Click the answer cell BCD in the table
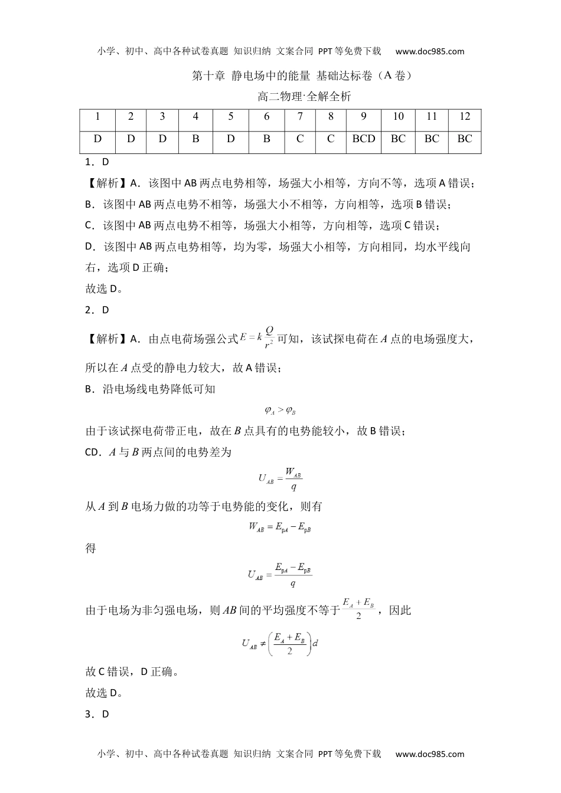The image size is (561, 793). pyautogui.click(x=364, y=139)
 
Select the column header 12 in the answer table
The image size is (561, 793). pyautogui.click(x=465, y=116)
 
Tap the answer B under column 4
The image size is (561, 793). pyautogui.click(x=195, y=139)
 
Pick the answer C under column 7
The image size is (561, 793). pyautogui.click(x=300, y=139)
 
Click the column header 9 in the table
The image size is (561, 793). pyautogui.click(x=364, y=116)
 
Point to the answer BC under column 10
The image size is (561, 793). pyautogui.click(x=398, y=139)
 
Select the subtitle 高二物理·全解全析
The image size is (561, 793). pyautogui.click(x=305, y=96)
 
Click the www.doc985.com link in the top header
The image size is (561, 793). pyautogui.click(x=430, y=51)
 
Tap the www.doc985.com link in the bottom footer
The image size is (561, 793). pyautogui.click(x=430, y=753)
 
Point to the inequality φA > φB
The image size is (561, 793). pyautogui.click(x=280, y=410)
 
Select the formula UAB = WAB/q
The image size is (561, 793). pyautogui.click(x=280, y=478)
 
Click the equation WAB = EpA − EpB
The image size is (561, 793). pyautogui.click(x=280, y=527)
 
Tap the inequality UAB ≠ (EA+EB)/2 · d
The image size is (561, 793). pyautogui.click(x=280, y=644)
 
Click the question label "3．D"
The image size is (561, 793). pyautogui.click(x=97, y=714)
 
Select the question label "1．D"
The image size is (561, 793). pyautogui.click(x=97, y=161)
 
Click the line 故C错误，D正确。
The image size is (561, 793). pyautogui.click(x=133, y=671)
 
